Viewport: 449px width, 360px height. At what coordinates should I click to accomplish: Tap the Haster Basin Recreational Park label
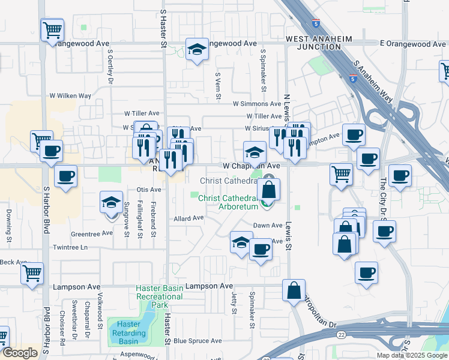pos(159,296)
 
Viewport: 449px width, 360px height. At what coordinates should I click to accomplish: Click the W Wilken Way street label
pos(70,95)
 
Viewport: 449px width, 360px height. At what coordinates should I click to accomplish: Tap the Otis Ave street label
pos(149,190)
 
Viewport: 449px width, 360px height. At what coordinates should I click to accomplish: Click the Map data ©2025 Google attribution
pos(411,355)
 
